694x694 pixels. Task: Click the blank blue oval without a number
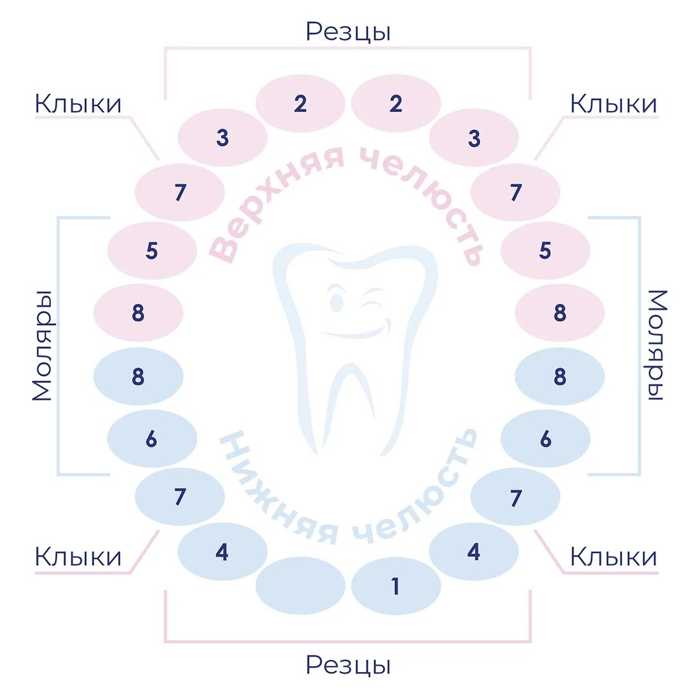(300, 585)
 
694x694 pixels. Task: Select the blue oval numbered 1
(396, 585)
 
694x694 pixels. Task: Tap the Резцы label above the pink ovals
(348, 31)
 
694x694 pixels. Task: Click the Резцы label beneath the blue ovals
(348, 665)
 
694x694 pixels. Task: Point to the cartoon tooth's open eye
(335, 300)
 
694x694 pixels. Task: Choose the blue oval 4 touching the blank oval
(222, 552)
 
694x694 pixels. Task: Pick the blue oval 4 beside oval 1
(474, 551)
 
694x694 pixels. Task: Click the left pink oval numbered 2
(300, 103)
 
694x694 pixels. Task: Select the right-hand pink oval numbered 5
(545, 250)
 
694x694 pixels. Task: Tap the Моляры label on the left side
(42, 345)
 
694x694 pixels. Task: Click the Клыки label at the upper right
(614, 104)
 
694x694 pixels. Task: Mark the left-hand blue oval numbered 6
(152, 439)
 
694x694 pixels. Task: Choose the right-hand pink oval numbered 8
(560, 313)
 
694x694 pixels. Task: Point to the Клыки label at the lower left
(78, 557)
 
